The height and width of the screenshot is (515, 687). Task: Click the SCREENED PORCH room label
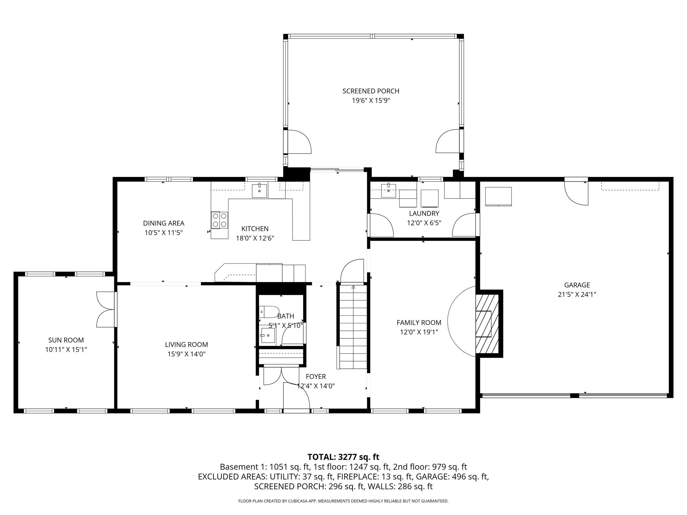(371, 91)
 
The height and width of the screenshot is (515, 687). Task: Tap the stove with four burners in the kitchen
(219, 220)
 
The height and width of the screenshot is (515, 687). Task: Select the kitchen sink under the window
(259, 191)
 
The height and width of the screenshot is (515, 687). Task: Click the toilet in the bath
(269, 312)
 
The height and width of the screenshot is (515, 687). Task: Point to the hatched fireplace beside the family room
(487, 324)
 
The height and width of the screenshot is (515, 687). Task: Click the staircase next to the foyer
(353, 327)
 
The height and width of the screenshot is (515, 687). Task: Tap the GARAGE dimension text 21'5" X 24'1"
(577, 294)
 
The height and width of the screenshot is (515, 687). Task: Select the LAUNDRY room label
(424, 213)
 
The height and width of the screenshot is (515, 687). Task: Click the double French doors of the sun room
(106, 309)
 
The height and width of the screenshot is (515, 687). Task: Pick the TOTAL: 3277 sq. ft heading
(343, 457)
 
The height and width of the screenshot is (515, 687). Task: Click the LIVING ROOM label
(186, 344)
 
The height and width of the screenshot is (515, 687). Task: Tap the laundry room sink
(388, 190)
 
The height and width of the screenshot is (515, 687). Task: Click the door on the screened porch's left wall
(299, 142)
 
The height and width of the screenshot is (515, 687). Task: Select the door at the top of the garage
(576, 193)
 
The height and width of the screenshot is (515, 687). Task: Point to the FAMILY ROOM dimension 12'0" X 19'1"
(419, 332)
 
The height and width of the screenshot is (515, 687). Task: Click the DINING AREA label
(164, 223)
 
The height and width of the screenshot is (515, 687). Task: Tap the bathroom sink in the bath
(268, 335)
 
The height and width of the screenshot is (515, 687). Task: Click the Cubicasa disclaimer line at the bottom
(343, 501)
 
